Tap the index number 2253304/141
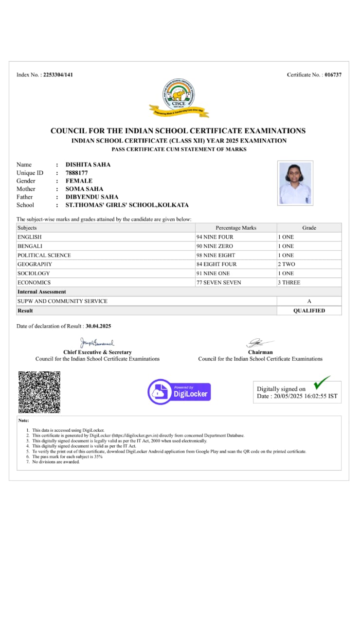click(58, 75)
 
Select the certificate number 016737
click(333, 75)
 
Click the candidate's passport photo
click(295, 183)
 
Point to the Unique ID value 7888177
click(76, 173)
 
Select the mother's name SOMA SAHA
click(84, 189)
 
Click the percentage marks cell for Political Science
click(236, 255)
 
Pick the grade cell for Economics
click(309, 282)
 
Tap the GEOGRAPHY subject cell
click(106, 264)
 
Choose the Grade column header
click(309, 228)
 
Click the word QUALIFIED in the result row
click(309, 311)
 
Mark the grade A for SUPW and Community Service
click(309, 301)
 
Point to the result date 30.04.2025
click(98, 326)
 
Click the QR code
click(39, 392)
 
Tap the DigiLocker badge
click(179, 392)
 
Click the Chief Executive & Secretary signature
click(97, 343)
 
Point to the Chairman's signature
click(260, 343)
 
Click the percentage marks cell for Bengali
click(236, 246)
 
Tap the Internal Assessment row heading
click(42, 292)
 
